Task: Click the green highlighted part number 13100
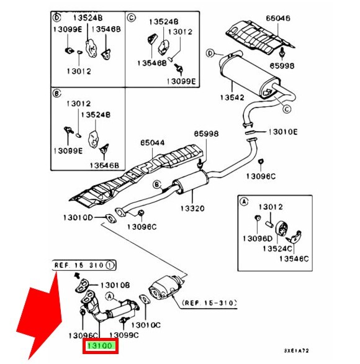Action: (x=100, y=346)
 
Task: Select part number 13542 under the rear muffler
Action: (x=232, y=98)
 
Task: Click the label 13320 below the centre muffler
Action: (x=192, y=208)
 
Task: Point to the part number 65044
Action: (x=153, y=142)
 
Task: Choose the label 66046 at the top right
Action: (x=278, y=18)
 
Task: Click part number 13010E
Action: (x=283, y=132)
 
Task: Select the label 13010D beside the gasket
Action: (x=78, y=217)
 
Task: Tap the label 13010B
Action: (x=115, y=285)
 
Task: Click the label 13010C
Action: (x=146, y=325)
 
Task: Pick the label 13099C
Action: (x=124, y=335)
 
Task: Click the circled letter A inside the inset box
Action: (x=244, y=202)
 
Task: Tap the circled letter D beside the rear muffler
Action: (x=210, y=53)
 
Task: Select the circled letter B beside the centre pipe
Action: (x=157, y=184)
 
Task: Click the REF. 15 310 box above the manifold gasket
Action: (x=84, y=265)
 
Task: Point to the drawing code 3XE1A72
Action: (x=297, y=350)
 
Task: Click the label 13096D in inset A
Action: (x=258, y=239)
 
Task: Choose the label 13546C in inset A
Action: (x=294, y=258)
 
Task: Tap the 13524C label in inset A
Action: (x=277, y=248)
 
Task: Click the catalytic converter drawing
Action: (x=166, y=288)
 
